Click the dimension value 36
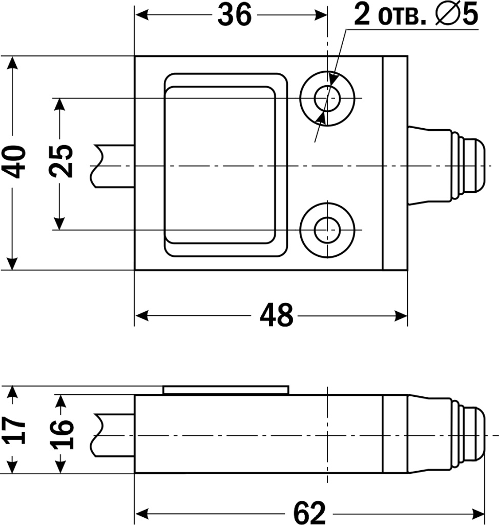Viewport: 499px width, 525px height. point(235,15)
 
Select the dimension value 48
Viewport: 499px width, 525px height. point(277,315)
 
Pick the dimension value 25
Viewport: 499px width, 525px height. point(63,162)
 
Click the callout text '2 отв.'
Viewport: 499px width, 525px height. point(389,15)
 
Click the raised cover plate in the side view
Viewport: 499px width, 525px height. point(225,390)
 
